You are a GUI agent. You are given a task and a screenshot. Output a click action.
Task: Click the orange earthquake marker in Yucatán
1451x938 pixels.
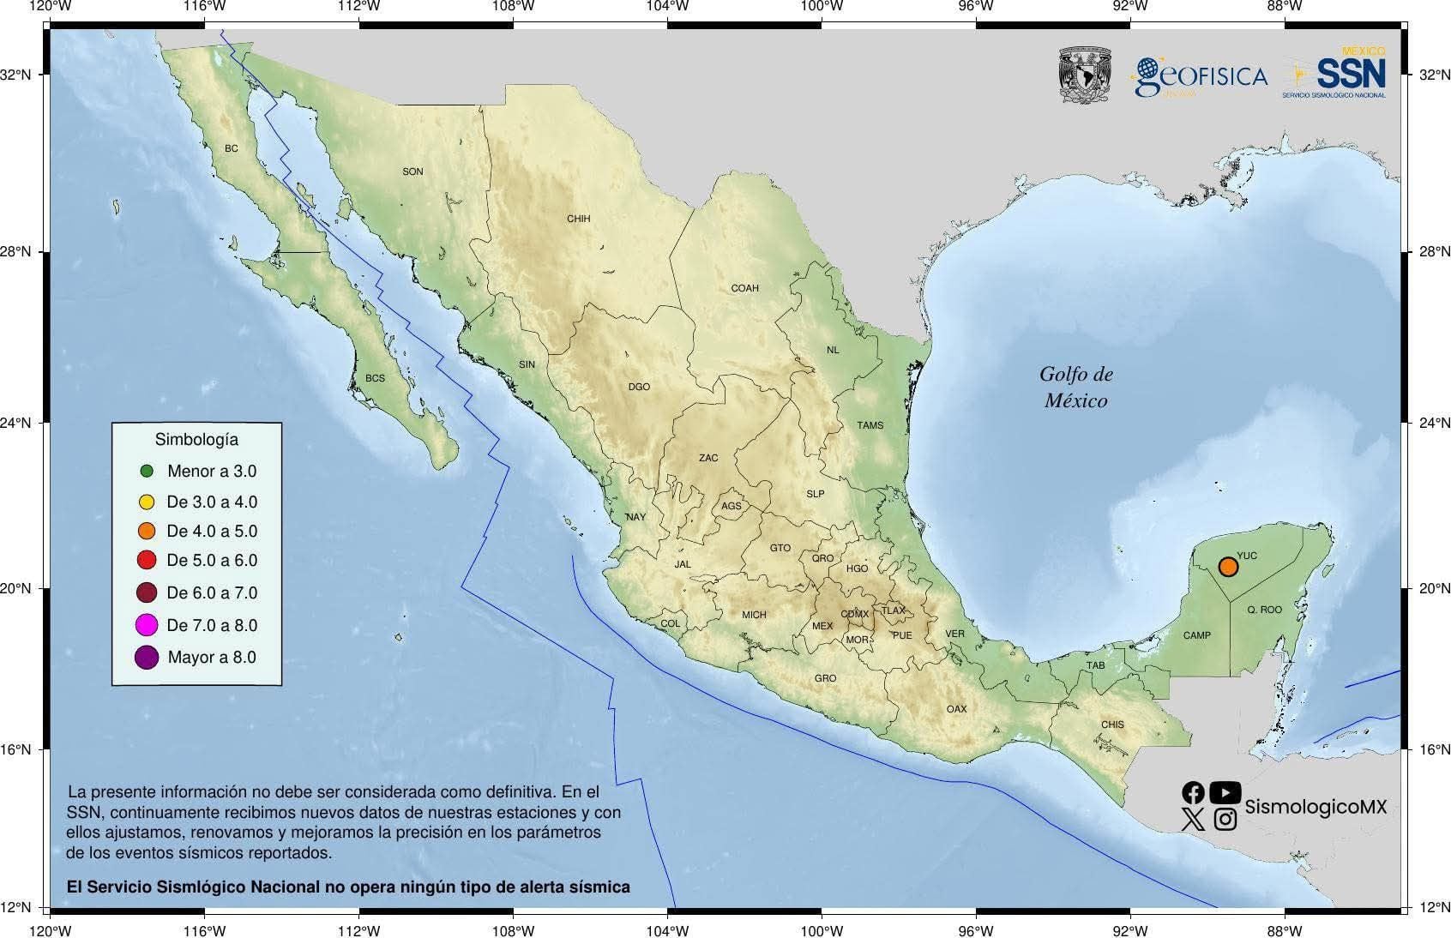tap(1228, 567)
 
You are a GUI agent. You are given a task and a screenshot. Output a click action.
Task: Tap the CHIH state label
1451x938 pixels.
tap(578, 219)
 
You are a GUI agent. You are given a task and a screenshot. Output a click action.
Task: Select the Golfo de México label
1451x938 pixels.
tap(1075, 387)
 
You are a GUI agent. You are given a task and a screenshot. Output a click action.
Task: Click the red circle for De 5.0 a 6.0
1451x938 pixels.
tap(147, 561)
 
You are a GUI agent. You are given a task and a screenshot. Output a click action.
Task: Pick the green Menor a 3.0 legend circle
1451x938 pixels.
tap(147, 471)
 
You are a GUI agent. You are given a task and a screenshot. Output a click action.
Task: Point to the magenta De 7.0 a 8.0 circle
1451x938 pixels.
tap(147, 625)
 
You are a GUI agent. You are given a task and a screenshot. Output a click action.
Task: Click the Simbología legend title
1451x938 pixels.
tap(196, 439)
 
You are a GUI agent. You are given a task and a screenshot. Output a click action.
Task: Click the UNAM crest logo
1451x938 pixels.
tap(1085, 75)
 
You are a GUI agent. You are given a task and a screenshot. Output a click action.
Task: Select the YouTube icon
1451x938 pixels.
tap(1225, 792)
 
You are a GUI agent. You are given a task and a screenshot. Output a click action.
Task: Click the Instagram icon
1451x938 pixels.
tap(1225, 820)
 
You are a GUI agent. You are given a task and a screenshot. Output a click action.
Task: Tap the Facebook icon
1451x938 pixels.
tap(1193, 792)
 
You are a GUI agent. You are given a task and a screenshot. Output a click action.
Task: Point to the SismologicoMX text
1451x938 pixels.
tap(1315, 807)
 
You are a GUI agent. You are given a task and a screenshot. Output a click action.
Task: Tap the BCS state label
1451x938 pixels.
tap(375, 378)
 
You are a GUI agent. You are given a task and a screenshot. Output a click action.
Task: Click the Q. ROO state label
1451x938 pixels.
tap(1264, 610)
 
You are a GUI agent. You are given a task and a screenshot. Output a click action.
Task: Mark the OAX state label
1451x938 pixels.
tap(956, 709)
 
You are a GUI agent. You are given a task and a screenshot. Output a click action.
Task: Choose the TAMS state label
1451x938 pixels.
tap(870, 425)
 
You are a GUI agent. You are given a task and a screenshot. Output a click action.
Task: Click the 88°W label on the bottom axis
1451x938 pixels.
tap(1284, 930)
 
